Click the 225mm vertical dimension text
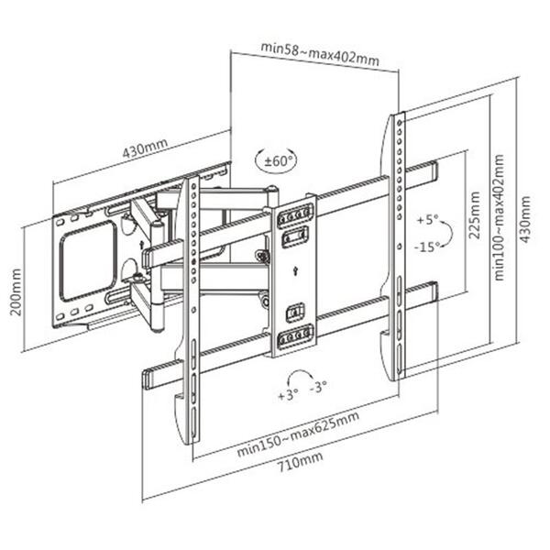[x=475, y=215]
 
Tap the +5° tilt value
[x=427, y=221]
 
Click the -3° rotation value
[x=320, y=388]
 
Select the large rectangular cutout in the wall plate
[x=88, y=262]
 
